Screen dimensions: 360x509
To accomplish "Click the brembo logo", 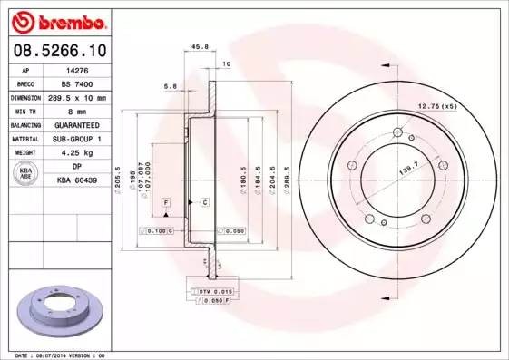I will click(x=56, y=20).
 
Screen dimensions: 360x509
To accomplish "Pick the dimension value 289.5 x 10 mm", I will click(x=77, y=97).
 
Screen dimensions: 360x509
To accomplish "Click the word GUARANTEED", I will click(x=76, y=124).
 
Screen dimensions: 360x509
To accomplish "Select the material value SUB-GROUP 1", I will click(x=76, y=139).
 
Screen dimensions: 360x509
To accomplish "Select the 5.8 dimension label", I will click(x=169, y=86).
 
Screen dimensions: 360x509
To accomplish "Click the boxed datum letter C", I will click(x=204, y=200).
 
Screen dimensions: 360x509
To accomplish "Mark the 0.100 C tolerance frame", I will click(x=157, y=231).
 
